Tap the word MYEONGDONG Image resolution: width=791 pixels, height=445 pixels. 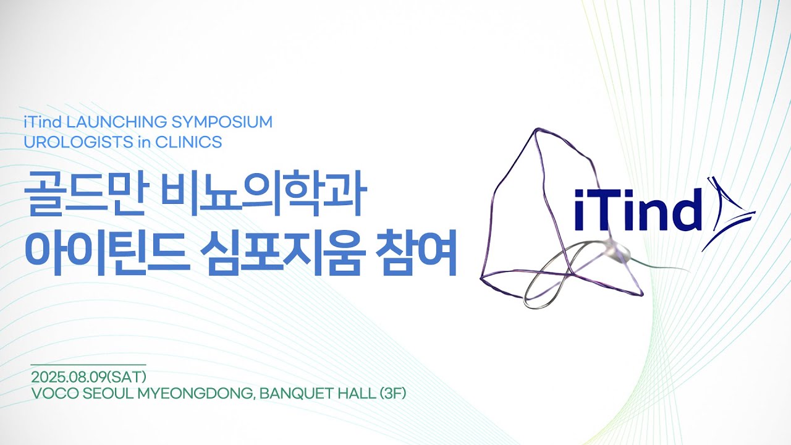pyautogui.click(x=192, y=392)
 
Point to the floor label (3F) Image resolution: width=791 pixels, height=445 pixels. pyautogui.click(x=393, y=392)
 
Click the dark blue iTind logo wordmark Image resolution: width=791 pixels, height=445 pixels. pyautogui.click(x=638, y=209)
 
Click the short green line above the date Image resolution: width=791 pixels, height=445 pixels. pyautogui.click(x=88, y=365)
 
